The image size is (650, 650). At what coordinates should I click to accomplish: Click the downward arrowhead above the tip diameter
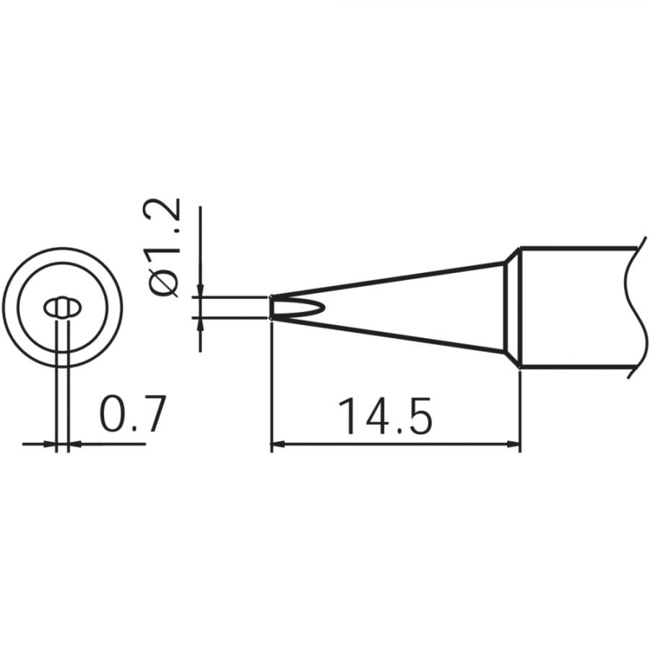[x=200, y=290]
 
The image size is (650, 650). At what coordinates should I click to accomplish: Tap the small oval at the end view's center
[x=61, y=308]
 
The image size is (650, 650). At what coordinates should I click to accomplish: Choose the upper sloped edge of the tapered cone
[x=390, y=279]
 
